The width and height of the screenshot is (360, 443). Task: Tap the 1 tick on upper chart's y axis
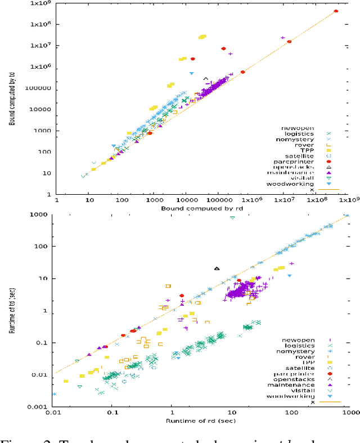(48, 194)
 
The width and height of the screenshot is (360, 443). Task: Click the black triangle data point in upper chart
(206, 79)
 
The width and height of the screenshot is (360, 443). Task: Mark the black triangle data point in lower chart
(217, 269)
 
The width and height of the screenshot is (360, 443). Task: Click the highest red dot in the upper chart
(336, 11)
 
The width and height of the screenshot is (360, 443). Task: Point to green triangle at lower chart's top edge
(232, 217)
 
